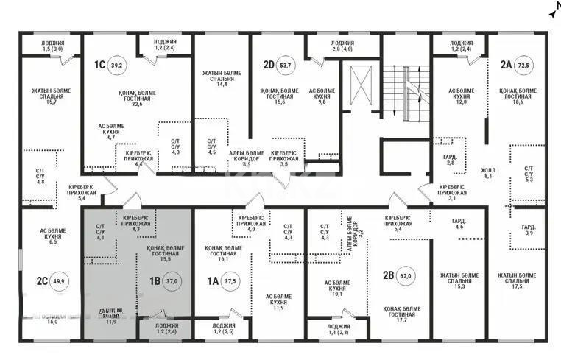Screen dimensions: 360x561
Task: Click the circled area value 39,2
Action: [x=116, y=65]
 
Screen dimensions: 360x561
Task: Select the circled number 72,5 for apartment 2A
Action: [x=526, y=64]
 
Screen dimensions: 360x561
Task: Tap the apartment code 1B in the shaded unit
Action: [x=155, y=280]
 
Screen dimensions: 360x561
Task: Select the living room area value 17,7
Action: [x=401, y=320]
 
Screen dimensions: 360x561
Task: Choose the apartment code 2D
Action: [x=269, y=65]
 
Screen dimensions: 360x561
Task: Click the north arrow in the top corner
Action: [x=553, y=11]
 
